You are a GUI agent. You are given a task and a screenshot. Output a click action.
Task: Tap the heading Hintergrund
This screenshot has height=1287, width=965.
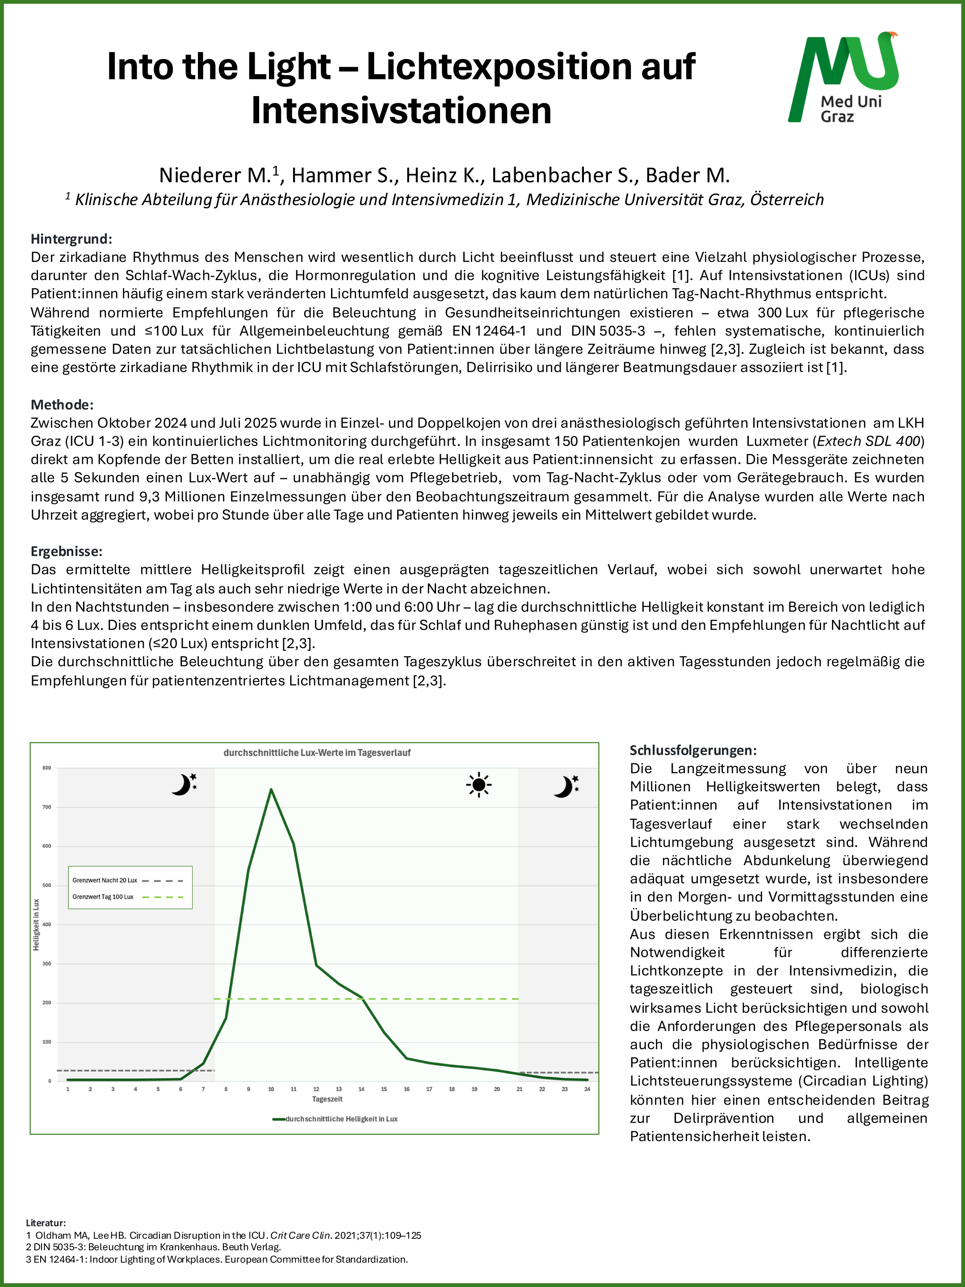[71, 239]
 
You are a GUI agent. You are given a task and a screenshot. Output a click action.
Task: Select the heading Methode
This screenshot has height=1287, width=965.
[62, 404]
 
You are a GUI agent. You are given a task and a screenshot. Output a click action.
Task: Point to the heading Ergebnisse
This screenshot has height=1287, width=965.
[66, 551]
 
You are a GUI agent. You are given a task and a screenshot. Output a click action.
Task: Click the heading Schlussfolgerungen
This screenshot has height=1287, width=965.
[693, 750]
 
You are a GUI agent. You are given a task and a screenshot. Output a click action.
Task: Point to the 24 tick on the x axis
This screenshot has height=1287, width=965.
[587, 1089]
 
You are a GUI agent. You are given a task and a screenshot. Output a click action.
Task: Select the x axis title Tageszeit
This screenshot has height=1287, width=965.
[327, 1099]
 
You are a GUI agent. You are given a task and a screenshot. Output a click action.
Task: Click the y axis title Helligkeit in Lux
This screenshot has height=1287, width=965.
[36, 925]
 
